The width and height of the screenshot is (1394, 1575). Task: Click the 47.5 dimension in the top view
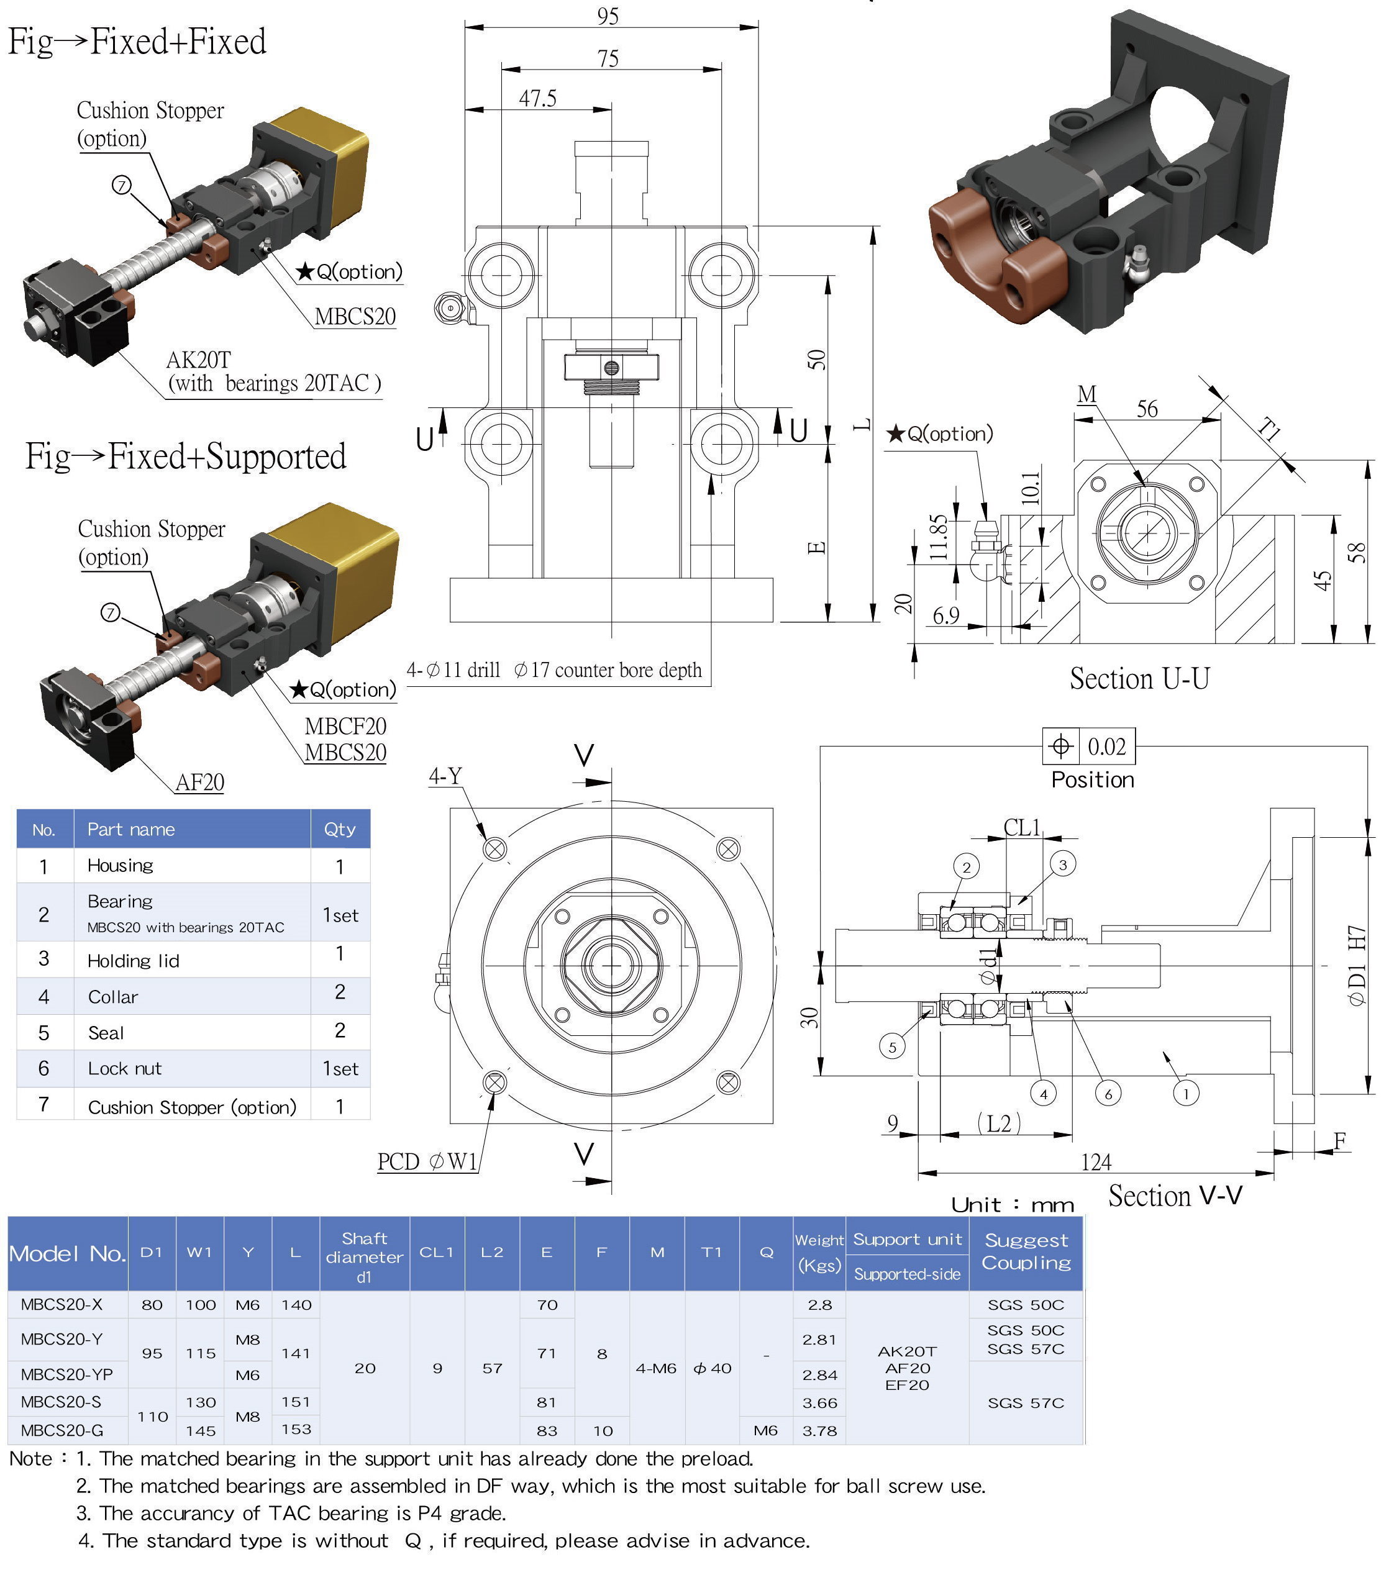(537, 99)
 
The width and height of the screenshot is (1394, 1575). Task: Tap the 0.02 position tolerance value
(1106, 747)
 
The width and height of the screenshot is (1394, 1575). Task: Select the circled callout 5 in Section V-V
(892, 1047)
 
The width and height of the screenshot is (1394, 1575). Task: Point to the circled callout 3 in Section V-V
(1063, 865)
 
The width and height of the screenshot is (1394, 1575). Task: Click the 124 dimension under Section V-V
(1096, 1162)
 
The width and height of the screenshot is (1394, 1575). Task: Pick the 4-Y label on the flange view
(445, 776)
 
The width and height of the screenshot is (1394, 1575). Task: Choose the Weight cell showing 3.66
(819, 1403)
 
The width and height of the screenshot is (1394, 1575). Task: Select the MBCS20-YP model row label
(67, 1374)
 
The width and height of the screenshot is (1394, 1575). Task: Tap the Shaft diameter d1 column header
(365, 1257)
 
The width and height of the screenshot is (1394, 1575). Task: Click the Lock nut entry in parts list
(125, 1069)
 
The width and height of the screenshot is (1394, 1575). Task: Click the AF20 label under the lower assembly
(199, 783)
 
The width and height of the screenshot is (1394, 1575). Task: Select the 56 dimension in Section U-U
(1147, 409)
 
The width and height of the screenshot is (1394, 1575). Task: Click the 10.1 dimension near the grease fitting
(1031, 487)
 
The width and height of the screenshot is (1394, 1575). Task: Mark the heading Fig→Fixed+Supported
(186, 456)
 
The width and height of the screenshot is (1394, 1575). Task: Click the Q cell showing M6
(765, 1431)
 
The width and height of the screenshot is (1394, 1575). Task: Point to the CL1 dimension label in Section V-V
(1022, 828)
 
